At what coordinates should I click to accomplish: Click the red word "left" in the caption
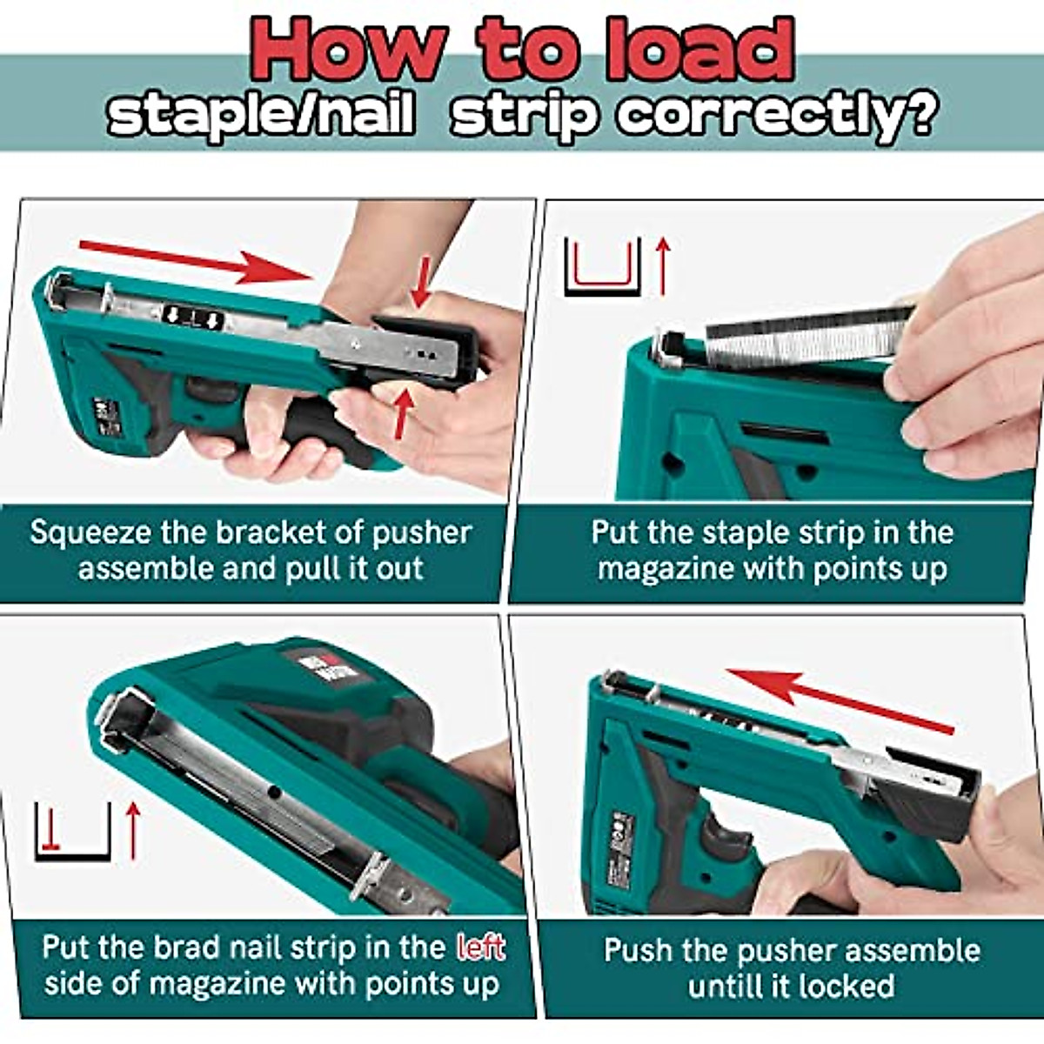pos(480,947)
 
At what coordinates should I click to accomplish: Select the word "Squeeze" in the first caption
pos(90,533)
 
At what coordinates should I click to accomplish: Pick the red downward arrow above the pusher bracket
pos(420,283)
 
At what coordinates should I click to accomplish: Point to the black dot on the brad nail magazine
pos(275,793)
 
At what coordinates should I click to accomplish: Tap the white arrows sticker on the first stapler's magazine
pos(193,318)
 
